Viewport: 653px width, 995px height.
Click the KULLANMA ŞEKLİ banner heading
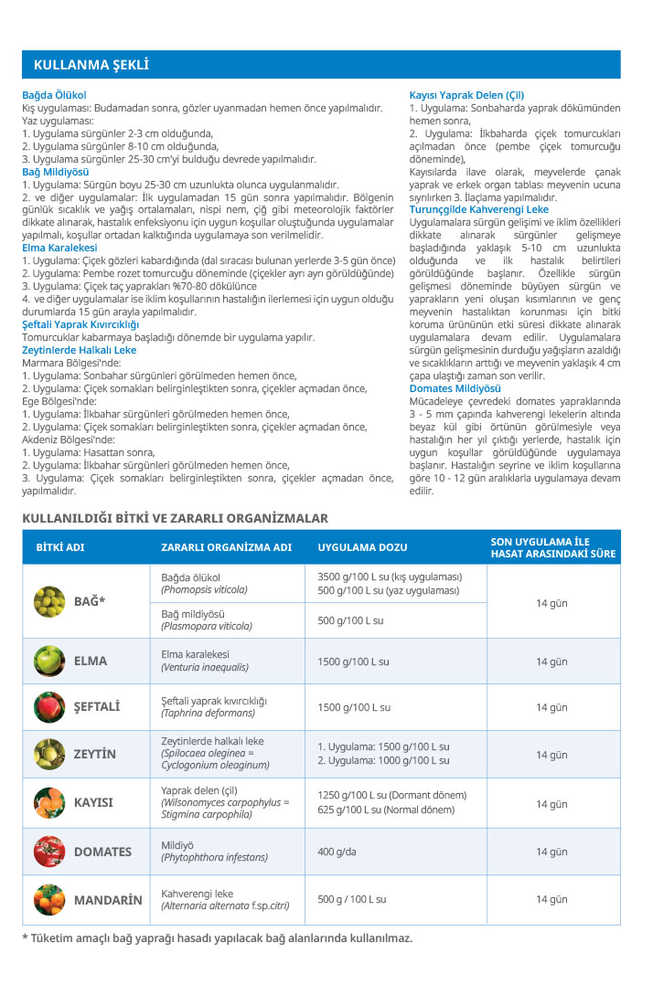91,65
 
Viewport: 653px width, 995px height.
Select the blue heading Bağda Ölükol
54,95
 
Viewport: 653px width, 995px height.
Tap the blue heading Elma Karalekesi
59,248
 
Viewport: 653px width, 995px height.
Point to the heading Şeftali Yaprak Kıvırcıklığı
80,324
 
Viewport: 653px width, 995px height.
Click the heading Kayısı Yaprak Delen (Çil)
466,95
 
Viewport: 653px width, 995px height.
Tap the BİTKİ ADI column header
60,547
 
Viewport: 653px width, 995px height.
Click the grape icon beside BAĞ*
49,601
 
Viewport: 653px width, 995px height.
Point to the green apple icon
49,661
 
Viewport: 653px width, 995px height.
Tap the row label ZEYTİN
95,755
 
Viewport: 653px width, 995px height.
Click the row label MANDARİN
108,900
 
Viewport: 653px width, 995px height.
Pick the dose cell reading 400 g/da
338,852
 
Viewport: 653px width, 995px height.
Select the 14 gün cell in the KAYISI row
551,804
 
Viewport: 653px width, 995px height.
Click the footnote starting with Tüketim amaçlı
217,938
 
